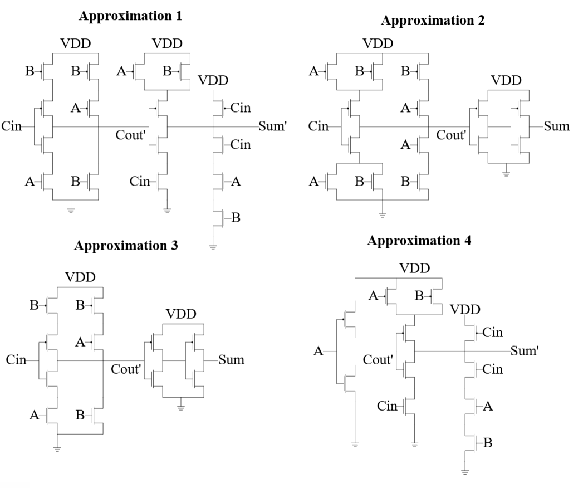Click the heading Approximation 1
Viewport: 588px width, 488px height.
[130, 16]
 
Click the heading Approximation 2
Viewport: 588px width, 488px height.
[433, 21]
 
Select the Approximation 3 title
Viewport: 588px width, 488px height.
[126, 246]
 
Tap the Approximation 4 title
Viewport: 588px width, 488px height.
[419, 241]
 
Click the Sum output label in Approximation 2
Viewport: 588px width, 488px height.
[557, 126]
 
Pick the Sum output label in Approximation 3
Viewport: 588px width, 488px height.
[231, 360]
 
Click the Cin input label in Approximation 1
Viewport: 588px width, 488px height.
[12, 126]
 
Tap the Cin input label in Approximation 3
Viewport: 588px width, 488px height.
[16, 360]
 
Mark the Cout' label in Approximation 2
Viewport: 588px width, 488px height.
[452, 135]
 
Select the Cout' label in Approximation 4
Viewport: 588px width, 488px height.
[379, 359]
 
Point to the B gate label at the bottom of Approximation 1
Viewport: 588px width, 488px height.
[236, 218]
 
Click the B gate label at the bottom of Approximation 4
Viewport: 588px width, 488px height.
[488, 443]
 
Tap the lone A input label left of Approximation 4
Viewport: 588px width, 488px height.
[318, 351]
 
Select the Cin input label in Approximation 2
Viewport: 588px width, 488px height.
[318, 126]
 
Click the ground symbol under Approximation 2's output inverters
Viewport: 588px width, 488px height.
[506, 173]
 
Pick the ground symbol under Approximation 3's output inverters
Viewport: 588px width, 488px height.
[180, 407]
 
